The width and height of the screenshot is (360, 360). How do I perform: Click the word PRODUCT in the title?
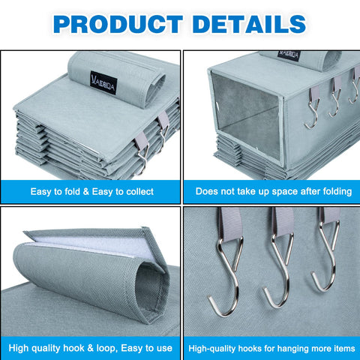[x=118, y=24]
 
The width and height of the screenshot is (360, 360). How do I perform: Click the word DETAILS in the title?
[x=249, y=24]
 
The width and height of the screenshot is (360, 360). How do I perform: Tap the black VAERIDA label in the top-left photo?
[x=103, y=82]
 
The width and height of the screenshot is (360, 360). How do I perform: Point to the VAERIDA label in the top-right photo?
[x=289, y=55]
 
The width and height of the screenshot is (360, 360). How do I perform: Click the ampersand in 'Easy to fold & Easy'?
[x=86, y=192]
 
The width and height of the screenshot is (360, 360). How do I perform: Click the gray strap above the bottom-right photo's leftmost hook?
[x=230, y=223]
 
